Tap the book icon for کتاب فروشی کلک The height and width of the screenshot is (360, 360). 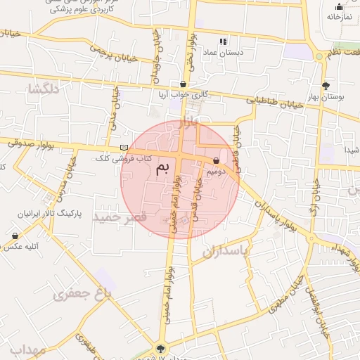[124, 148]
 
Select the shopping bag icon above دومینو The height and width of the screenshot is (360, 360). [216, 161]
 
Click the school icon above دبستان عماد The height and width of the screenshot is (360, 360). [224, 41]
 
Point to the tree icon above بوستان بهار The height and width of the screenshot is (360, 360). [324, 85]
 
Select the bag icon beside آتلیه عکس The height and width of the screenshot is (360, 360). [15, 236]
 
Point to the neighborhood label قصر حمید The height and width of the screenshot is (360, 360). [120, 217]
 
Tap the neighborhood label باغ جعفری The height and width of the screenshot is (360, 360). [82, 295]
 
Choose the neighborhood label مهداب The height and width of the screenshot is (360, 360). [28, 349]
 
